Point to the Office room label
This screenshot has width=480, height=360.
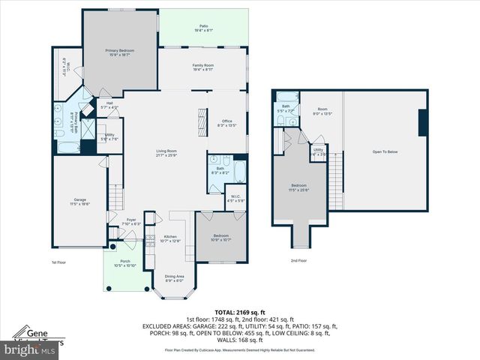coord(227,123)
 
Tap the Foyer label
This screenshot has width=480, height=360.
coord(131,221)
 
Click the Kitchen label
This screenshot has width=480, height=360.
coord(170,238)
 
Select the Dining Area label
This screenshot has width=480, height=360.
coord(174,278)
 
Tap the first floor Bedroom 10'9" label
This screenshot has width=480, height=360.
coord(220,238)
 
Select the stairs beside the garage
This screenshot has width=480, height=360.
coord(115,197)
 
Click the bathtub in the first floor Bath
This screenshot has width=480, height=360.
coord(239,171)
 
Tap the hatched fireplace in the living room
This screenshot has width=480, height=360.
coord(200,121)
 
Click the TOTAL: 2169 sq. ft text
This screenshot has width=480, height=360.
coord(239,311)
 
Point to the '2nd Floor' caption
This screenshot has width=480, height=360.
coord(298,260)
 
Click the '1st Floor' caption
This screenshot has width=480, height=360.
coord(59,262)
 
